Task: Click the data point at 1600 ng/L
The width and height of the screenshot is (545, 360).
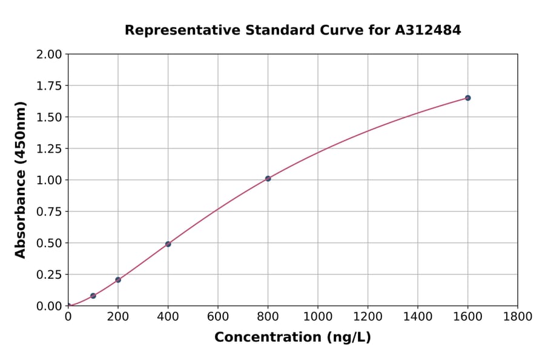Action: click(x=467, y=98)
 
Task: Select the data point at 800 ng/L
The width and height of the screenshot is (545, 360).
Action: click(x=268, y=179)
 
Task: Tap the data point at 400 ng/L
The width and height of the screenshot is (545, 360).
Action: click(x=168, y=244)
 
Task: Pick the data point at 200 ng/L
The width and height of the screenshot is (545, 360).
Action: click(x=118, y=280)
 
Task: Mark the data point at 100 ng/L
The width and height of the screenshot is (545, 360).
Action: click(x=93, y=296)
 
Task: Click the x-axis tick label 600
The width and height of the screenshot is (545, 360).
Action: click(x=218, y=316)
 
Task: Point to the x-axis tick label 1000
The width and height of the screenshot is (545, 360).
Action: click(x=318, y=316)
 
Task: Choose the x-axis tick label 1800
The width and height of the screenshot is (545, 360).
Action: click(x=518, y=316)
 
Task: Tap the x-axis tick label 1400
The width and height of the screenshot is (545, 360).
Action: click(x=418, y=316)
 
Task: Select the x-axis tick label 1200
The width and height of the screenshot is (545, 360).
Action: click(x=368, y=316)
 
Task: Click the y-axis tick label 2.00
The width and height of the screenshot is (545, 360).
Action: click(x=49, y=55)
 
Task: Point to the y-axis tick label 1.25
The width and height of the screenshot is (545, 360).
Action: click(x=49, y=148)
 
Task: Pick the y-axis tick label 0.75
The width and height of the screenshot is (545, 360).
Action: click(x=49, y=212)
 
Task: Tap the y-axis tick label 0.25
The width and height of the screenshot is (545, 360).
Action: click(x=49, y=275)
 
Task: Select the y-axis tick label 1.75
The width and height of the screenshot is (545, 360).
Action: click(x=49, y=86)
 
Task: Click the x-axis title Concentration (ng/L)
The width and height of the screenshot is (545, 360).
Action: click(x=292, y=338)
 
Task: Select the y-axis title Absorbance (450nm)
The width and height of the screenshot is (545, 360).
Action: click(x=21, y=180)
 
